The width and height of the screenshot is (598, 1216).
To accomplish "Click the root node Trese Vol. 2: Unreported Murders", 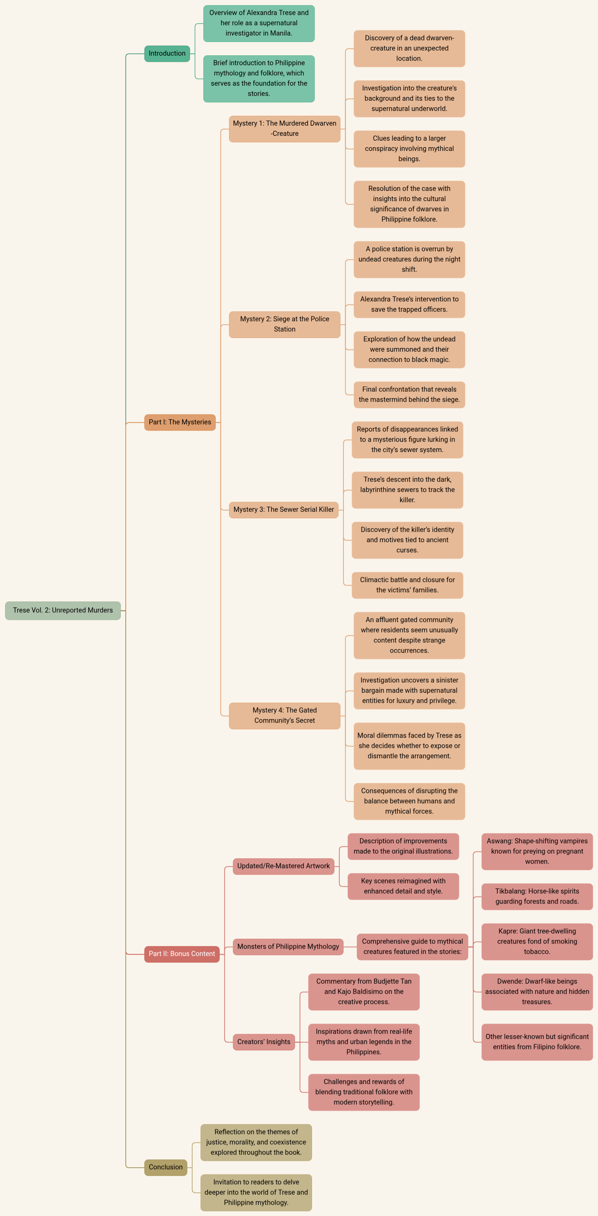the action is click(63, 610).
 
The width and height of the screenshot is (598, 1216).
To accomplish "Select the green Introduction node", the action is click(167, 53).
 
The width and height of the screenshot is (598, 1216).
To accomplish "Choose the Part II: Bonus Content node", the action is click(181, 953).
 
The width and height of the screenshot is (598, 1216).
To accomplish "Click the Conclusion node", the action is click(165, 1167).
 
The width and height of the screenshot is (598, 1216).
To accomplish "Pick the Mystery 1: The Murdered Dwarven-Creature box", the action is click(284, 128).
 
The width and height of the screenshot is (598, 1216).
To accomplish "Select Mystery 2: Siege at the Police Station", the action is click(284, 324).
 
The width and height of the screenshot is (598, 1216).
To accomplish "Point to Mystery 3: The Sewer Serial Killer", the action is click(283, 510).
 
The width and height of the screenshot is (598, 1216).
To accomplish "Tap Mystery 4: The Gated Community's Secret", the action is click(284, 716).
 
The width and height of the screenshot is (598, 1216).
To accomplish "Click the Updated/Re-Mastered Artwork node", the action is click(283, 866).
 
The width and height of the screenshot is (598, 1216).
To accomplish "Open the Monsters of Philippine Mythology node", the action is click(288, 946).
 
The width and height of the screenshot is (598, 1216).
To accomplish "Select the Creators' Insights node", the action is click(263, 1042).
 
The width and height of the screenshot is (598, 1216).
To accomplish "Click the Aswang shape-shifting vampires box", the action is click(537, 851).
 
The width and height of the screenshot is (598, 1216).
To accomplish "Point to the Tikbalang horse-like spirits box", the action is click(537, 896).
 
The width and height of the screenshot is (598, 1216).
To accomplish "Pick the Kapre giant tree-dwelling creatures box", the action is click(537, 941).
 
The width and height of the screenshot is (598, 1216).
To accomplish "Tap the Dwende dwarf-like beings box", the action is click(537, 991).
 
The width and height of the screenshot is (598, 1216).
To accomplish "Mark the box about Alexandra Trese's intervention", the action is click(409, 305).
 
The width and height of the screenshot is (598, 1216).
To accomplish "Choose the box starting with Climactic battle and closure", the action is click(407, 585).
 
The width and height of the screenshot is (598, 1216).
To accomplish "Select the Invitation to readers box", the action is click(256, 1192).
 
